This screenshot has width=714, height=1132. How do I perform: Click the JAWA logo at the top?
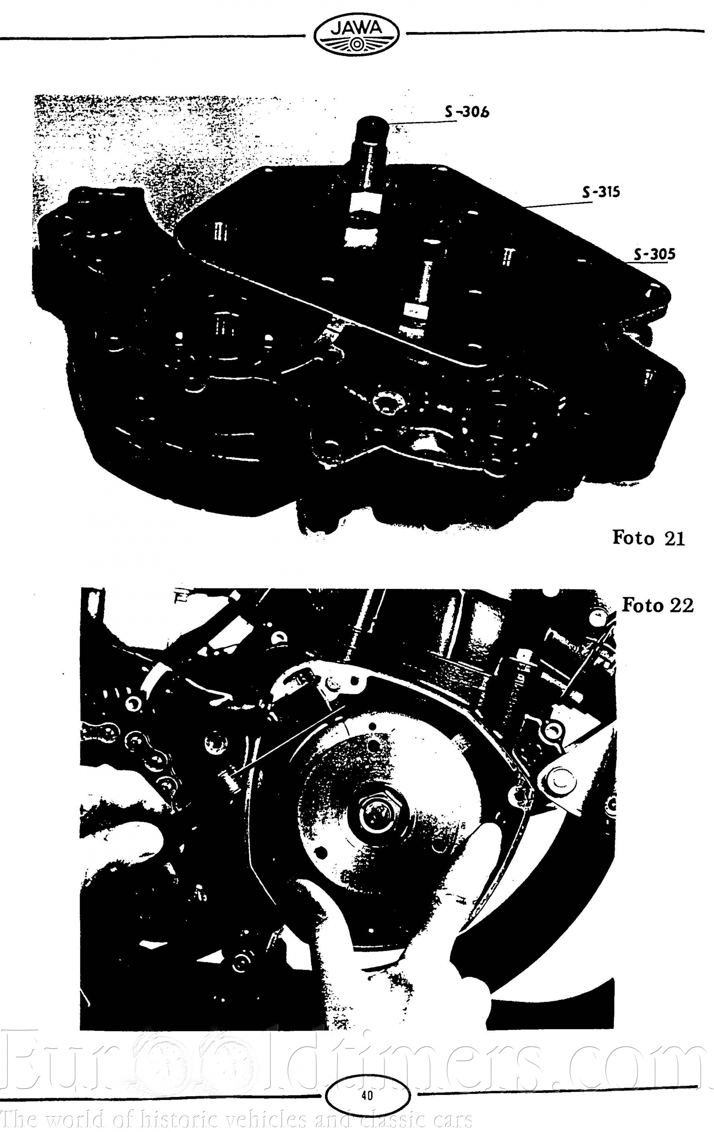click(357, 34)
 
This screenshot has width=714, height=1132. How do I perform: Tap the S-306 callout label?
click(467, 111)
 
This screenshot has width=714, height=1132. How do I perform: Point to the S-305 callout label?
click(654, 254)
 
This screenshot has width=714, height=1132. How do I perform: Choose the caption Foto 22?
click(657, 606)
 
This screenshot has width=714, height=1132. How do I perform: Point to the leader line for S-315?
click(559, 204)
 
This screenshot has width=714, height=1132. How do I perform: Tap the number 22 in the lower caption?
click(682, 606)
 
